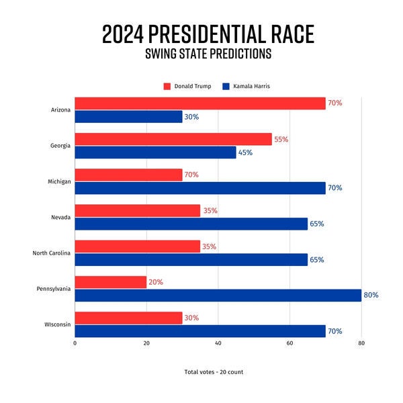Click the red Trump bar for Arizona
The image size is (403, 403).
point(199,103)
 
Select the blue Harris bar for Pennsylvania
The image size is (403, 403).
point(218,295)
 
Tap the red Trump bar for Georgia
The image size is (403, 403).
point(173,139)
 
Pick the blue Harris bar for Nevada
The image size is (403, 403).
point(191,224)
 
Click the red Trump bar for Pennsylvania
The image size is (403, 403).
point(110,282)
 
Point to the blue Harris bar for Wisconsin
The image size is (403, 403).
point(199,331)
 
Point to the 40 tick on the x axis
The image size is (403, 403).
point(218,343)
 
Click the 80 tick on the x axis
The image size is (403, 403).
point(361,343)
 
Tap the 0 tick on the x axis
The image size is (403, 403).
point(75,343)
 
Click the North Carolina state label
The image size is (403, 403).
point(51,253)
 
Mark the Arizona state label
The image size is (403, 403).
point(60,109)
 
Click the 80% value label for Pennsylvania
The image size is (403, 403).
point(371,295)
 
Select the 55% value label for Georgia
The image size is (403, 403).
point(281,139)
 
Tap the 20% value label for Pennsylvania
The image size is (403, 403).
point(156,282)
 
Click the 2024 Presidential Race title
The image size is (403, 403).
point(208,34)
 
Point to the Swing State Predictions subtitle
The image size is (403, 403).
point(208,54)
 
